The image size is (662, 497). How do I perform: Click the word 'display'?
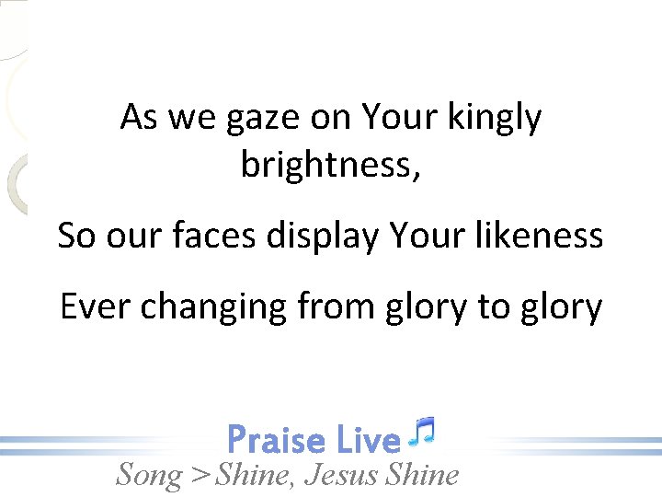(322, 237)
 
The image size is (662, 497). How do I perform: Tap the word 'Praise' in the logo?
(276, 440)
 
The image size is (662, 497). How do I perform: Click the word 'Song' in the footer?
(149, 475)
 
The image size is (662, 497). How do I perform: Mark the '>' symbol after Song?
(200, 476)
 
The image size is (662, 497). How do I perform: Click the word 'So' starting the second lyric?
(77, 236)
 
